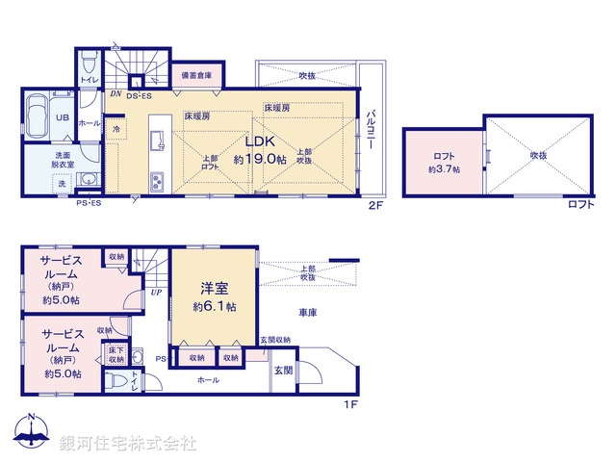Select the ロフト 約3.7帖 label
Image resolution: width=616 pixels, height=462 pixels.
point(444,162)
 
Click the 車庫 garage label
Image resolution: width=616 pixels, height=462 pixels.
point(308,311)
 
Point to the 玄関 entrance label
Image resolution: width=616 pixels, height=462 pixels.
point(284,372)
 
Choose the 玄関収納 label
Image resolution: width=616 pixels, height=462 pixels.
point(274,339)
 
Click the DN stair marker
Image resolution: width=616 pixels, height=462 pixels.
point(115,94)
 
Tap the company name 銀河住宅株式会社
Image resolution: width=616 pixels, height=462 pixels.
point(128,444)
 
